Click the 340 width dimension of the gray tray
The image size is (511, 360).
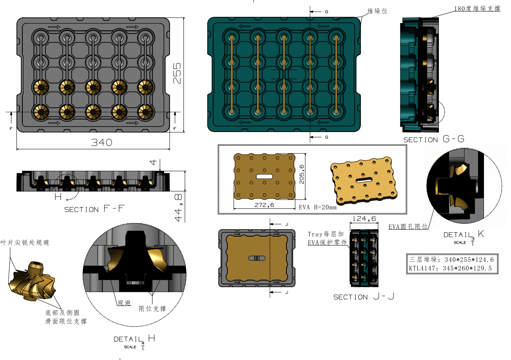(102, 143)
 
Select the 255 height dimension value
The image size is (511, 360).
(177, 73)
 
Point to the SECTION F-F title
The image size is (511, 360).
(94, 209)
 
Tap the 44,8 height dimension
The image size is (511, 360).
(178, 208)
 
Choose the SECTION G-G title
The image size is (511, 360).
(434, 139)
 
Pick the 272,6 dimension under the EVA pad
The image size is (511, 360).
(265, 205)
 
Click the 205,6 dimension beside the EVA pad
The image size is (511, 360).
(302, 174)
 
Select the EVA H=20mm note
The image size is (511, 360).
(318, 207)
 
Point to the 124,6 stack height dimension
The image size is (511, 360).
(364, 219)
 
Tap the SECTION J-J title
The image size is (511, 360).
(364, 297)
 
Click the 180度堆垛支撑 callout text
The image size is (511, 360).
(477, 9)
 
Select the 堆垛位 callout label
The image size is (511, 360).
(377, 11)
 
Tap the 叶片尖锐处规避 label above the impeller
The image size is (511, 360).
(25, 242)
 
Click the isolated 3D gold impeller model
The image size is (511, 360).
(32, 281)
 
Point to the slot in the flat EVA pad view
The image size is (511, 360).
(265, 176)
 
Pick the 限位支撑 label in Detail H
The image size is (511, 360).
(152, 309)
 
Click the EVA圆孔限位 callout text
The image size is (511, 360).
(408, 226)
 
